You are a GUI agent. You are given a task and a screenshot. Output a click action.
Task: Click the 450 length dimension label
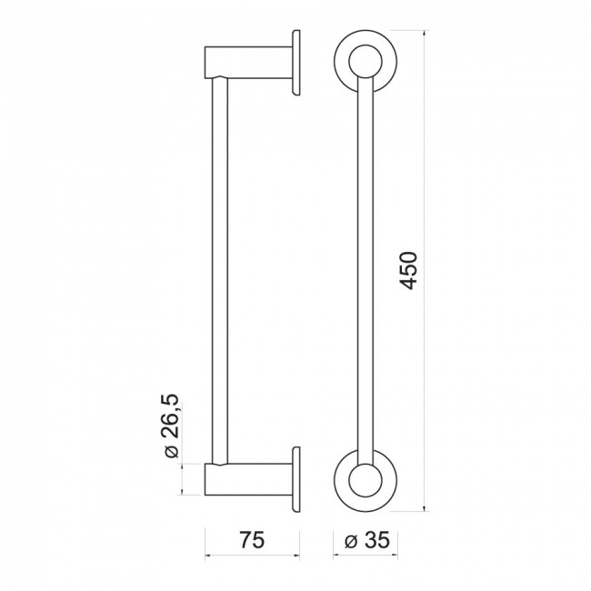pos(408,270)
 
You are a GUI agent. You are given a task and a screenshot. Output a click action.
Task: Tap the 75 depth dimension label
pos(252,540)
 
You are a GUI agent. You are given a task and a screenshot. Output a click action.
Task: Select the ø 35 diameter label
pos(366,540)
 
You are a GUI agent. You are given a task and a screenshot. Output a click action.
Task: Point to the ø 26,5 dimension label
pos(171,426)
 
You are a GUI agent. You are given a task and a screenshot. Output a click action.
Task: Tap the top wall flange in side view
pos(296,63)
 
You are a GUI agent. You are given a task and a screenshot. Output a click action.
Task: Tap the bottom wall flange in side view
pos(296,479)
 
